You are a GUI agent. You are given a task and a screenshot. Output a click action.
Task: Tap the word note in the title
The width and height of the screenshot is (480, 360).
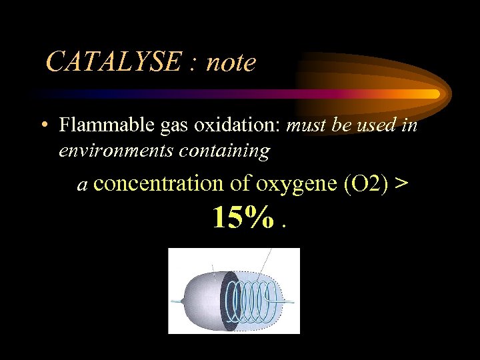pos(231,63)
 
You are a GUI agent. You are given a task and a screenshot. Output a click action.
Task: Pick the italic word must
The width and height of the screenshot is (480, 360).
pos(306,125)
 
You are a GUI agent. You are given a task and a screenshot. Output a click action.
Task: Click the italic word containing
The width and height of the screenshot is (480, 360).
pos(225,151)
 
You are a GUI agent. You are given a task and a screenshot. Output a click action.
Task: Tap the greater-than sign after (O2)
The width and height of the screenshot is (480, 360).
pos(401,184)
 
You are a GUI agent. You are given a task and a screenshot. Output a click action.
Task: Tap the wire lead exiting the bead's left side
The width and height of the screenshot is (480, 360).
pos(176,301)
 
